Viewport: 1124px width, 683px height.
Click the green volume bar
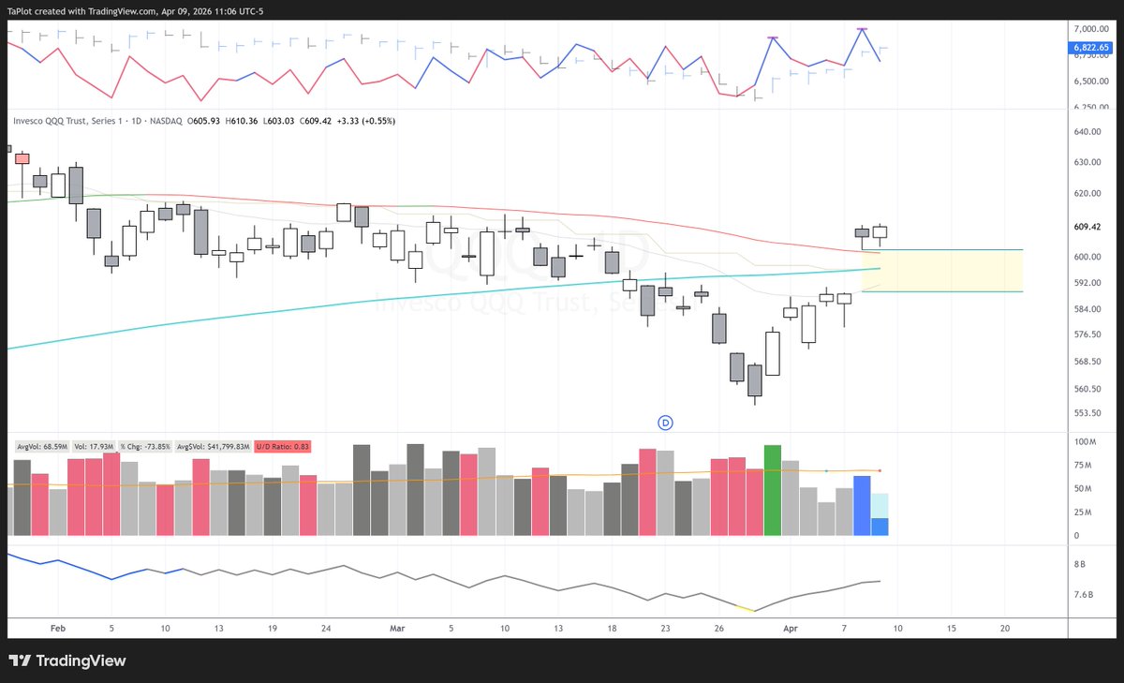(x=773, y=490)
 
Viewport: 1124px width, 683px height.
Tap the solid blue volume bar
(x=862, y=506)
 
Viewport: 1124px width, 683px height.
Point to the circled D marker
(x=666, y=423)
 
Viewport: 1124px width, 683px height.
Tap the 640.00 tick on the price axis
(x=1089, y=132)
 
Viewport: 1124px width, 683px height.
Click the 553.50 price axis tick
(x=1089, y=413)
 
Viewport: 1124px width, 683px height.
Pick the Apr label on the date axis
(x=789, y=629)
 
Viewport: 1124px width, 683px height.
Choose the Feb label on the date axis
(x=58, y=629)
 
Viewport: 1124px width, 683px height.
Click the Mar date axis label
(x=396, y=629)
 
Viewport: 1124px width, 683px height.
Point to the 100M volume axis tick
(x=1086, y=441)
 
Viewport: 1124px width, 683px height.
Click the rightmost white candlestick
(x=880, y=231)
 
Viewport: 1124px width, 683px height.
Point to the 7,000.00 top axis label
(x=1091, y=29)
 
